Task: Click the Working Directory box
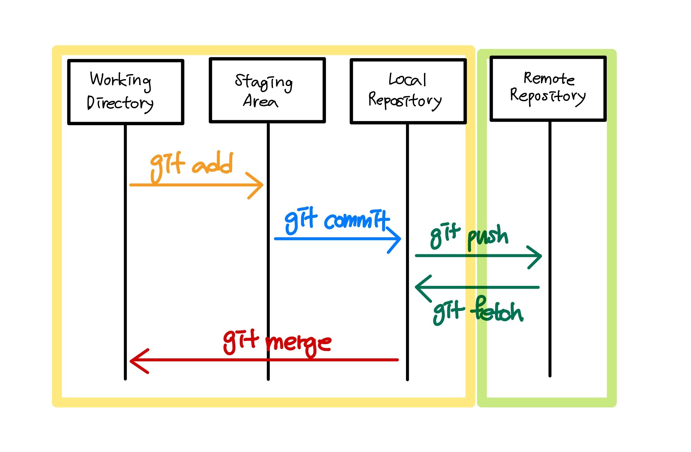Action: (125, 92)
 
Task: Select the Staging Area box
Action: (267, 90)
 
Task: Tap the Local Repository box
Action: (408, 91)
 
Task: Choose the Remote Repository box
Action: (548, 89)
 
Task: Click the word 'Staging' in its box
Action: (263, 82)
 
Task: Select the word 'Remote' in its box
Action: (549, 78)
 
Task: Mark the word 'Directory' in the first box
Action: (120, 103)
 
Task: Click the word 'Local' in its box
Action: (407, 80)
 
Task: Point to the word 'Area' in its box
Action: (260, 102)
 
